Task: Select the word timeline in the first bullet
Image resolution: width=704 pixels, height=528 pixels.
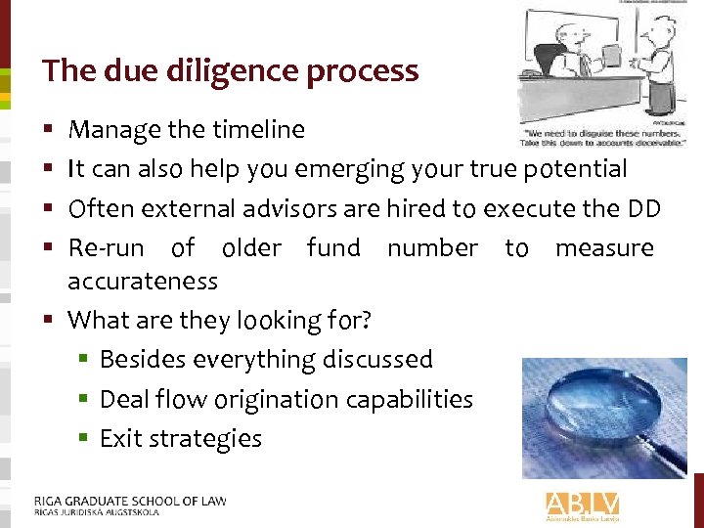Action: coord(259,130)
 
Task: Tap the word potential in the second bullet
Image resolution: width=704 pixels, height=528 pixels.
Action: coord(575,169)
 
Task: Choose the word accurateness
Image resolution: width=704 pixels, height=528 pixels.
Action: coord(143,282)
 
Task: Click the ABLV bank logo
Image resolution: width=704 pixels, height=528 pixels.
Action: coord(582,506)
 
